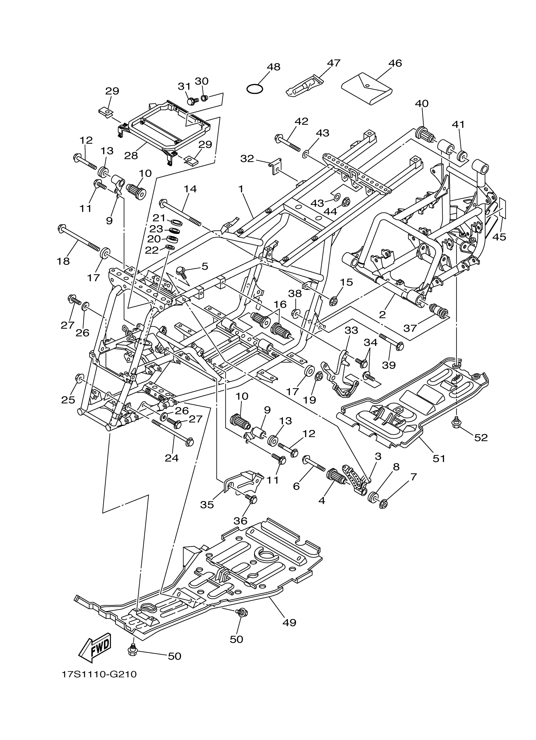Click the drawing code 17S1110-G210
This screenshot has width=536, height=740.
(x=99, y=682)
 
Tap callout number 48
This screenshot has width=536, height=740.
(x=273, y=67)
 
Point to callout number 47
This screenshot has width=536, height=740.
(x=334, y=63)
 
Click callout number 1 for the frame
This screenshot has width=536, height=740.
(x=241, y=189)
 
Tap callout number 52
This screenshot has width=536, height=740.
(x=481, y=438)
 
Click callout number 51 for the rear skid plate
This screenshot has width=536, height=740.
(x=439, y=458)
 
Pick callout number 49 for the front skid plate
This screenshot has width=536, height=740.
(x=289, y=622)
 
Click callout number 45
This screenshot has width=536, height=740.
(x=499, y=237)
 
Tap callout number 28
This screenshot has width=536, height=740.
(x=131, y=156)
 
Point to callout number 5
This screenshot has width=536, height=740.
(x=205, y=266)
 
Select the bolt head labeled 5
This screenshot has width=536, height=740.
(x=180, y=271)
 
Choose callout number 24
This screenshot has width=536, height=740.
(x=172, y=458)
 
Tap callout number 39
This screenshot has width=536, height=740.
(x=389, y=365)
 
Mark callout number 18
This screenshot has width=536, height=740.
(x=63, y=261)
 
